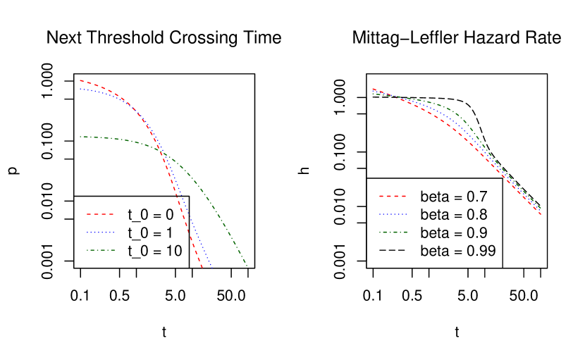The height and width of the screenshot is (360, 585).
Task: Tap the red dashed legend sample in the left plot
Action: (100, 214)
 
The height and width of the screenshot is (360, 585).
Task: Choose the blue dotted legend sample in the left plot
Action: (100, 232)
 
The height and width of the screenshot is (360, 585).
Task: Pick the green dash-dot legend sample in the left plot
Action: (100, 250)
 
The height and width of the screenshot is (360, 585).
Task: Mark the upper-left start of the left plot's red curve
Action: (80, 80)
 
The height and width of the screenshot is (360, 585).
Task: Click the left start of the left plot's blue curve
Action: (80, 89)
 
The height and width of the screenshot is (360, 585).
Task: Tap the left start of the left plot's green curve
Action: (80, 137)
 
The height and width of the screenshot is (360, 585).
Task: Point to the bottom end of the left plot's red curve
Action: (202, 268)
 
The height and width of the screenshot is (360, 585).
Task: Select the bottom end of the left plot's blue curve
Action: (211, 268)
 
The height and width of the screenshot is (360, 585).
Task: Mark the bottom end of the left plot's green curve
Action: (247, 266)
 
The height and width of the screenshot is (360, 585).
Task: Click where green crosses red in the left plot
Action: (161, 151)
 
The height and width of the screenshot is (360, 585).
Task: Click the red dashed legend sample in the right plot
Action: (392, 196)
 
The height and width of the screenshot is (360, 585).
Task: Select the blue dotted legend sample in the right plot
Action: (392, 214)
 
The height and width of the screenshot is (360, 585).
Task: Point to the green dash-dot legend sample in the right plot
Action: (392, 232)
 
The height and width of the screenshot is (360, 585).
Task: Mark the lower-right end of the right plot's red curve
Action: (541, 214)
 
